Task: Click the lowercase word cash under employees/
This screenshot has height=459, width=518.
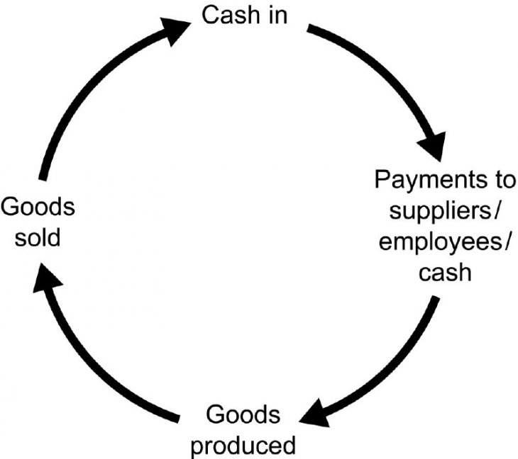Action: [445, 271]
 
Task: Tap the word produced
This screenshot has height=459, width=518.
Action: [243, 446]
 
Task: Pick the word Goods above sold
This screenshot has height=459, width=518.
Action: [38, 208]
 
